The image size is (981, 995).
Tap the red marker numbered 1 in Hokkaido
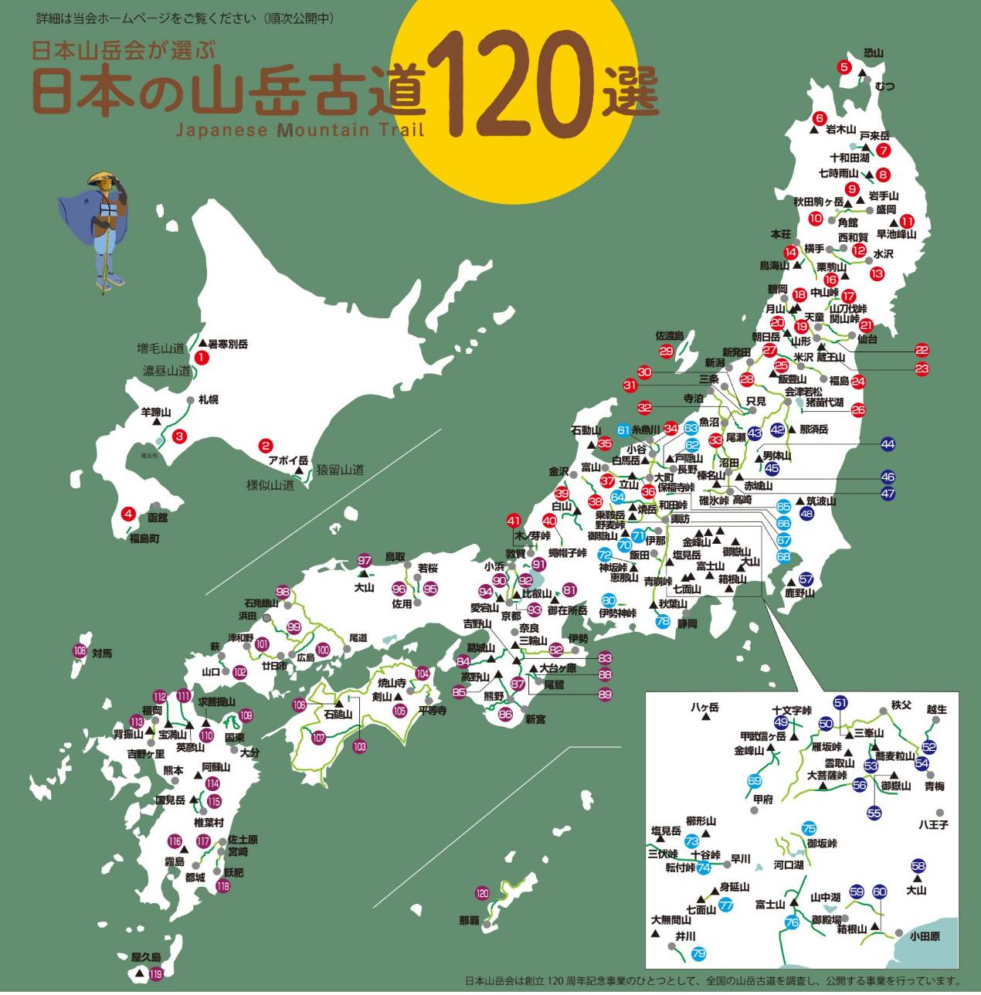click(x=201, y=358)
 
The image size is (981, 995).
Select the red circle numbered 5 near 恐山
click(x=844, y=67)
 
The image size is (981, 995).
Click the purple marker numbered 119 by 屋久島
click(x=156, y=974)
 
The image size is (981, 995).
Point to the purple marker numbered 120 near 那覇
click(x=483, y=894)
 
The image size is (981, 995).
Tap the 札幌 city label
click(x=208, y=400)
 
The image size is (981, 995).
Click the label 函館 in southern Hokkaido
click(x=158, y=518)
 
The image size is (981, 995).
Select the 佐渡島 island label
click(x=670, y=336)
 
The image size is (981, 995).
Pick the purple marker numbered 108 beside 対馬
click(x=80, y=651)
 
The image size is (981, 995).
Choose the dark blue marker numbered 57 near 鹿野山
click(x=806, y=579)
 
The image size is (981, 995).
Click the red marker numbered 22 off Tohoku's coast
click(x=922, y=350)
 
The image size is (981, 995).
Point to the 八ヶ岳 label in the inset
click(x=704, y=708)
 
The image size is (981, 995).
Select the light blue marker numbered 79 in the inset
click(x=698, y=954)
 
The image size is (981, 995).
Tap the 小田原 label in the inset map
click(x=925, y=937)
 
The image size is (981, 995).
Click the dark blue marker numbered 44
click(x=888, y=444)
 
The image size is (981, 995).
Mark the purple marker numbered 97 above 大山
click(x=365, y=561)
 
